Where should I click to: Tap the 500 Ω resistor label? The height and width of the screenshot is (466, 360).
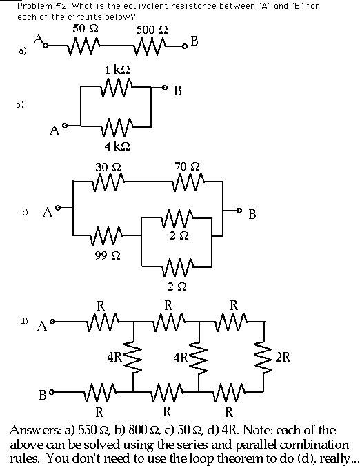(152, 30)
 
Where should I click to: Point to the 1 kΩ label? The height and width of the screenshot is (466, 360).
(117, 70)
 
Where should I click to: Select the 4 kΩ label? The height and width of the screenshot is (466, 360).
(117, 146)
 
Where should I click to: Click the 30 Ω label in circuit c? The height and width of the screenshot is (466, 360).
(108, 167)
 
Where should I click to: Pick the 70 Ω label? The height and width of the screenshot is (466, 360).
(187, 166)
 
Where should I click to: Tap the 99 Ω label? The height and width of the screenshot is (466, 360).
(108, 255)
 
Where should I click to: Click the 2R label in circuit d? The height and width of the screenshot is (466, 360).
(283, 357)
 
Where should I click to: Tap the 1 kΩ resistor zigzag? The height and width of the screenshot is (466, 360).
(117, 87)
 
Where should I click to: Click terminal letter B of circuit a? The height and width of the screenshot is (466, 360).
(194, 41)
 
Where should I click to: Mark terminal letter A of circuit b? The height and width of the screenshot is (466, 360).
(54, 130)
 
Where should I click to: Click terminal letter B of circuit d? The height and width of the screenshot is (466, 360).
(43, 396)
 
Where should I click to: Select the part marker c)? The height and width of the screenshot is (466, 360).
(24, 212)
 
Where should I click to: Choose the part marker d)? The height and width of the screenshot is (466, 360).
(24, 320)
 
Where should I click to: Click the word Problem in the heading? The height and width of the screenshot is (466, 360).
(34, 6)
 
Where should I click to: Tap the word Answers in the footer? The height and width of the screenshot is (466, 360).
(36, 430)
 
